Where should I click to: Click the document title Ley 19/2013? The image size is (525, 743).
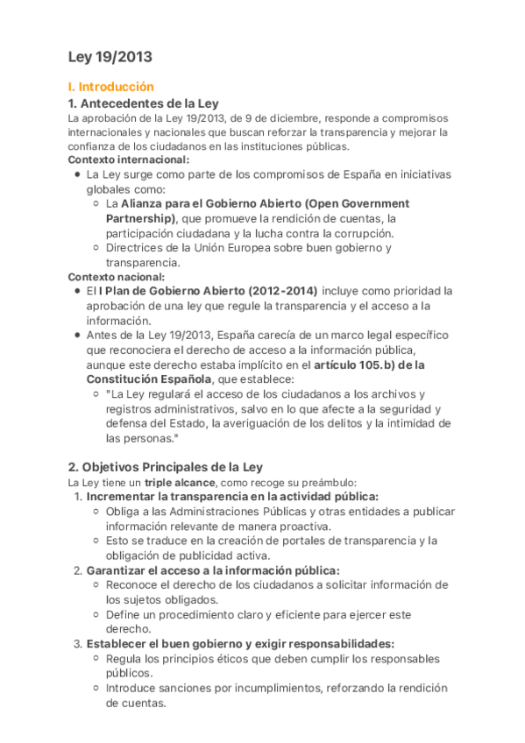[x=110, y=57]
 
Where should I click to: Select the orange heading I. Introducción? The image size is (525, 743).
[x=110, y=88]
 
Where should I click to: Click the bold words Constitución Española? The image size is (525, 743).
[x=148, y=379]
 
